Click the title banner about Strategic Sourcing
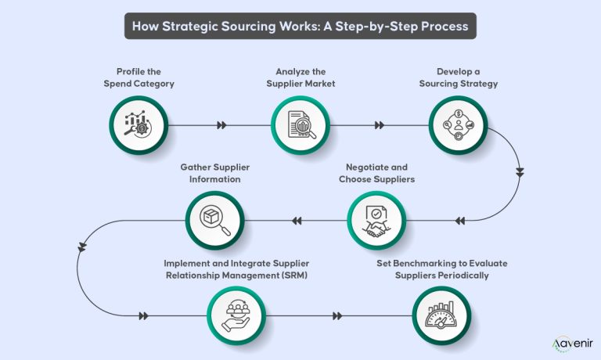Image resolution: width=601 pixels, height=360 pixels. pyautogui.click(x=300, y=25)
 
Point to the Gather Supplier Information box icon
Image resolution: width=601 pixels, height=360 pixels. pyautogui.click(x=214, y=220)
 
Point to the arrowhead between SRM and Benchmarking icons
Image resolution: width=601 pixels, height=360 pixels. pyautogui.click(x=337, y=316)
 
